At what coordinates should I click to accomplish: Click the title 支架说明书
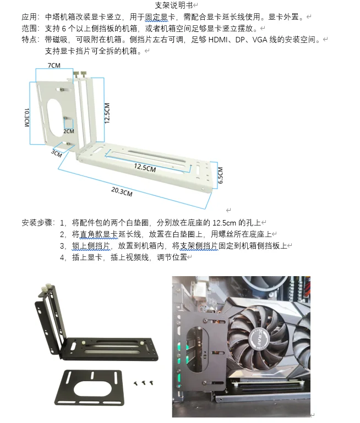tap(174, 5)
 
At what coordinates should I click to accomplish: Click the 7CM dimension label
tap(54, 65)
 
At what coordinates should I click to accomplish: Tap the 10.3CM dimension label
tap(27, 117)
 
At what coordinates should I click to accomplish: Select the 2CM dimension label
tap(69, 131)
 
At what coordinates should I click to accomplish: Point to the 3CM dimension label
tap(56, 153)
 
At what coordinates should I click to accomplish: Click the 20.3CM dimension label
tap(122, 192)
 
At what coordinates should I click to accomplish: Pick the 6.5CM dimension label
tap(220, 175)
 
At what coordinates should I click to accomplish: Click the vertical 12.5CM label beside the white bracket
tap(107, 113)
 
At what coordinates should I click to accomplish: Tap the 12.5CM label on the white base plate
tap(145, 168)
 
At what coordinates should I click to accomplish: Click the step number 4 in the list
tap(62, 257)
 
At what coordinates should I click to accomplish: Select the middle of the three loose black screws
tap(144, 383)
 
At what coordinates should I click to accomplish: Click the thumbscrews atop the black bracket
tap(46, 288)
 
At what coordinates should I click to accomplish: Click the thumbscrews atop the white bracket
tap(80, 74)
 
